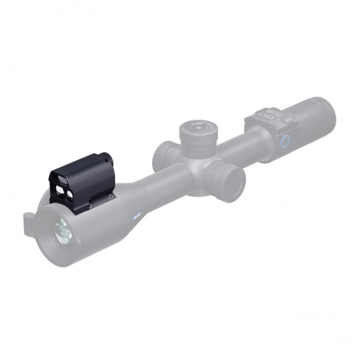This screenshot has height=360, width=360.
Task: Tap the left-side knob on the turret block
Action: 162,156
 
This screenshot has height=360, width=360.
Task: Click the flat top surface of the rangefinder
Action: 85,164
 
